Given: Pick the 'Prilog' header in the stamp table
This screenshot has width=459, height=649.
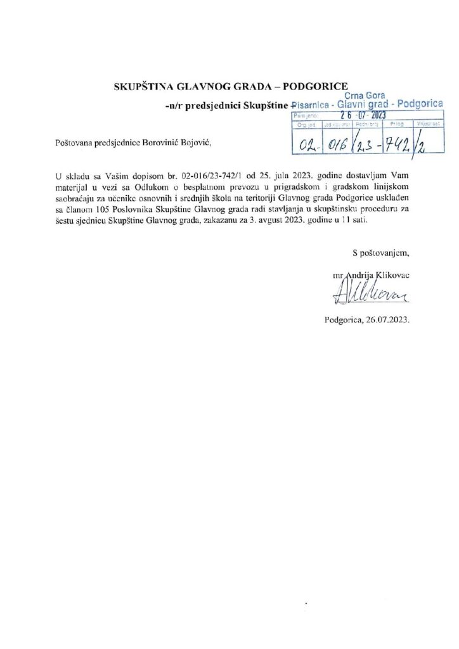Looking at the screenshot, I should click(397, 125).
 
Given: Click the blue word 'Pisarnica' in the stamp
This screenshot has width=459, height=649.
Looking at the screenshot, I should click(310, 105).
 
